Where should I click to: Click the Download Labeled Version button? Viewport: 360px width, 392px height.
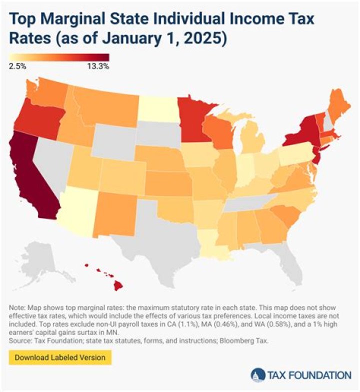[59, 357]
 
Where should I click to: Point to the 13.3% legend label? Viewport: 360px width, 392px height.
[98, 65]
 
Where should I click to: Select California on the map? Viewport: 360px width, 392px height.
[30, 175]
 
